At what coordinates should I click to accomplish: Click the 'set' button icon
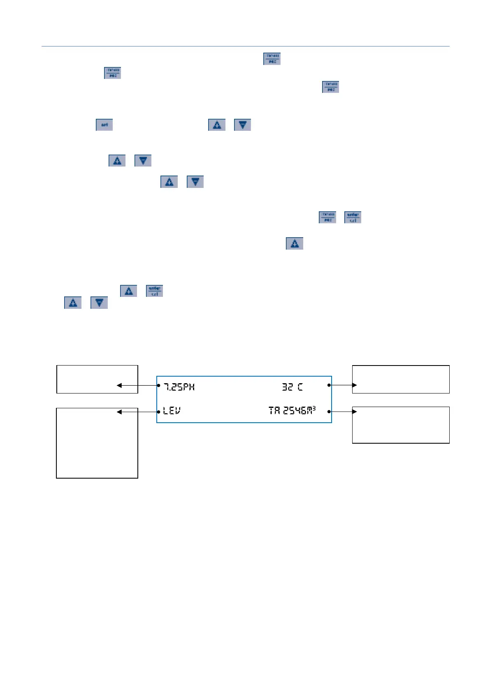(x=104, y=125)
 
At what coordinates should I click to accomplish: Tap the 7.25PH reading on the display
(x=179, y=387)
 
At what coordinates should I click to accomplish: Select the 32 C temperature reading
(x=292, y=387)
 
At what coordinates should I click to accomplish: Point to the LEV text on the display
(x=172, y=411)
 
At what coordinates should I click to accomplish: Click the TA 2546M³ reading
(x=292, y=410)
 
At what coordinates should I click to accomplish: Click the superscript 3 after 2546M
(x=314, y=408)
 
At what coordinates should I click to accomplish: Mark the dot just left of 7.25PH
(x=159, y=385)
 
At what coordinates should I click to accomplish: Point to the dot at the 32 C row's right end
(x=329, y=385)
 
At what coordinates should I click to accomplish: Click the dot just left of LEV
(x=159, y=412)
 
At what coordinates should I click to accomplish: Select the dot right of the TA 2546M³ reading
(x=329, y=412)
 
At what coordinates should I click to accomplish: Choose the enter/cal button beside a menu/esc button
(x=353, y=217)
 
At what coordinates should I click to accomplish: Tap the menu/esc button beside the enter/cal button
(x=327, y=217)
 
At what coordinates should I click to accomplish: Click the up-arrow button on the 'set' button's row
(x=217, y=125)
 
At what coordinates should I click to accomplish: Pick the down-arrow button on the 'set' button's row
(x=242, y=125)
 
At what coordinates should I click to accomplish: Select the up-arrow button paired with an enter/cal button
(x=129, y=291)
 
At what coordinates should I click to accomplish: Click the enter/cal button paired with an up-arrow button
(x=155, y=291)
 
